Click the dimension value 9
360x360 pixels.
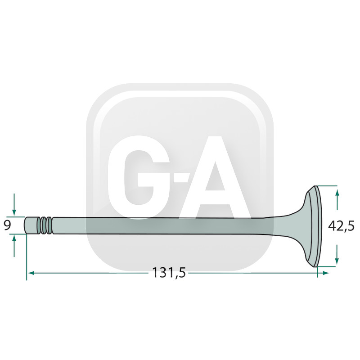pyautogui.click(x=7, y=225)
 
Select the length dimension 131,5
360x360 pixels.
pyautogui.click(x=169, y=273)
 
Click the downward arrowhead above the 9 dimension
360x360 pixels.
pyautogui.click(x=14, y=213)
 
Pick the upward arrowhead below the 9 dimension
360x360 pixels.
pyautogui.click(x=14, y=238)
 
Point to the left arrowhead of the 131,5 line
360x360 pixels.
pyautogui.click(x=31, y=273)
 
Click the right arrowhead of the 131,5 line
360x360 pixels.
pyautogui.click(x=326, y=273)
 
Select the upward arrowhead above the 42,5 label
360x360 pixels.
pyautogui.click(x=337, y=193)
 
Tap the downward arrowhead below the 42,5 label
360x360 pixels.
pyautogui.click(x=337, y=261)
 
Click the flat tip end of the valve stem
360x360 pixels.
pyautogui.click(x=25, y=225)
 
